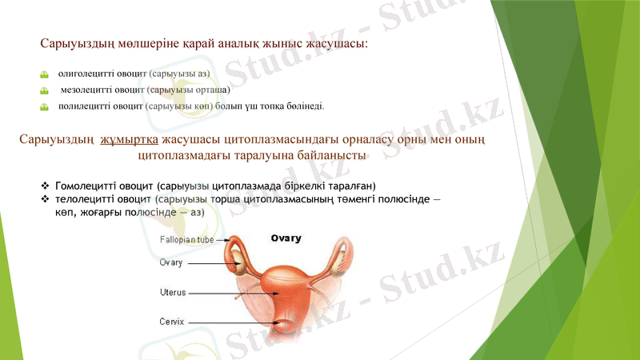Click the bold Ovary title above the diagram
[x=286, y=238]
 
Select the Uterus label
[x=173, y=292]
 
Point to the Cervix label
[x=172, y=322]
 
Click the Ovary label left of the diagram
[x=171, y=262]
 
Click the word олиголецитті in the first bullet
[x=88, y=73]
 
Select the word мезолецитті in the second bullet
[x=90, y=90]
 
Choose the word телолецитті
[x=86, y=198]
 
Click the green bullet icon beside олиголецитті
[x=45, y=74]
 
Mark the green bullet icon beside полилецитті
[x=45, y=106]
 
